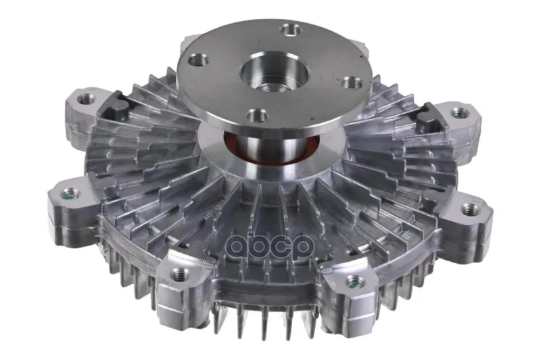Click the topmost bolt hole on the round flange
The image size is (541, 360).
tap(291, 30)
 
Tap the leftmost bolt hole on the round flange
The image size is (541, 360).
tap(198, 60)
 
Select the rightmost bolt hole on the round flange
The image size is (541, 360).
tap(352, 83)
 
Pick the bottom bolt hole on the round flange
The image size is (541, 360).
tap(258, 114)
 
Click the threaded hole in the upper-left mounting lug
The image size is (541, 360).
tap(85, 99)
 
